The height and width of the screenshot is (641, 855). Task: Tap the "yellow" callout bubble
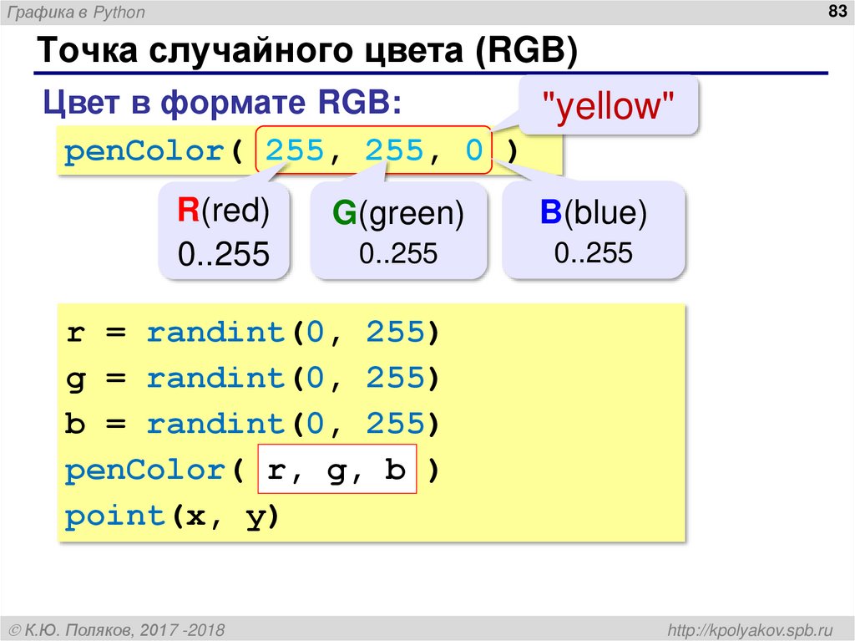click(608, 106)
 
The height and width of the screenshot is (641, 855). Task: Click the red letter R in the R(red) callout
click(187, 211)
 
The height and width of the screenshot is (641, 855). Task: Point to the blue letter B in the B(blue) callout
click(549, 213)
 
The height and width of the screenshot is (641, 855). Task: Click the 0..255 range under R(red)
click(223, 254)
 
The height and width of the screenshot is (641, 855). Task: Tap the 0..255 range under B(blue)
click(593, 252)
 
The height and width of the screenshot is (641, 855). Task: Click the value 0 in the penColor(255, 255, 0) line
click(473, 151)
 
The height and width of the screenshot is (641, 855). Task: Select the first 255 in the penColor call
click(294, 151)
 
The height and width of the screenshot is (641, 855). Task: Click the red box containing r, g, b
click(337, 471)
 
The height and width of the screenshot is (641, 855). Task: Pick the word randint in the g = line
click(216, 379)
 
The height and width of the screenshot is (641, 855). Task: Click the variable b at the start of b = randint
click(74, 425)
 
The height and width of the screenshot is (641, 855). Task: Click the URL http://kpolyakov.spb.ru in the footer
click(746, 628)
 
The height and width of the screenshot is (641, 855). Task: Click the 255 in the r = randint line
click(397, 333)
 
